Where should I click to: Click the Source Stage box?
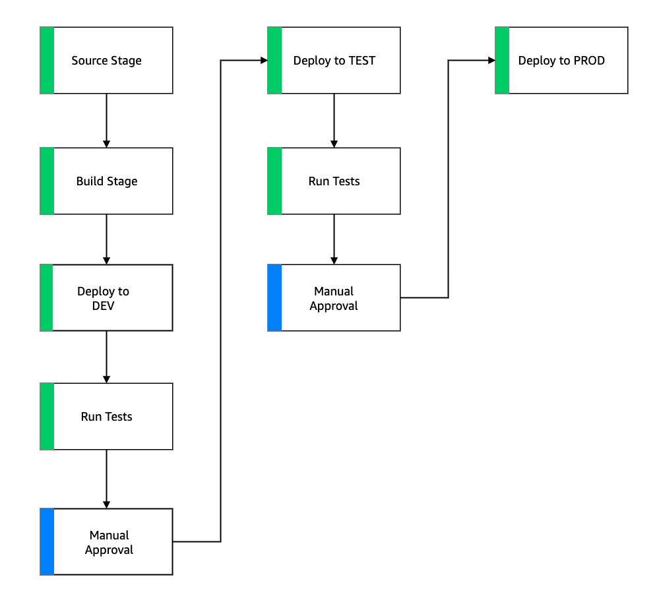tap(106, 61)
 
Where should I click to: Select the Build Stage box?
tap(106, 181)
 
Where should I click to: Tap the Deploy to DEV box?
tap(106, 298)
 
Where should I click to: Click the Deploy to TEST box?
tap(334, 61)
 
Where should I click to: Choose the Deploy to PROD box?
tap(561, 61)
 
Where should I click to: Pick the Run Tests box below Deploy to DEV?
tap(106, 417)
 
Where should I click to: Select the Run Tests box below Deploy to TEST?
tap(334, 181)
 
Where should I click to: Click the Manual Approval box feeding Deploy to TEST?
tap(106, 542)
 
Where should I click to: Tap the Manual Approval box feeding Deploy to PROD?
tap(334, 298)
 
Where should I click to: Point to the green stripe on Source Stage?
tap(47, 61)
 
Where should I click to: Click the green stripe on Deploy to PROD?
tap(502, 61)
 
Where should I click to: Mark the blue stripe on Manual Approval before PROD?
tap(274, 298)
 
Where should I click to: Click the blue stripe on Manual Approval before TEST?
tap(47, 542)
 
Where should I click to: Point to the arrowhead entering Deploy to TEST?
tap(263, 61)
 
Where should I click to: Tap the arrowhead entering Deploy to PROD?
tap(491, 61)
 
